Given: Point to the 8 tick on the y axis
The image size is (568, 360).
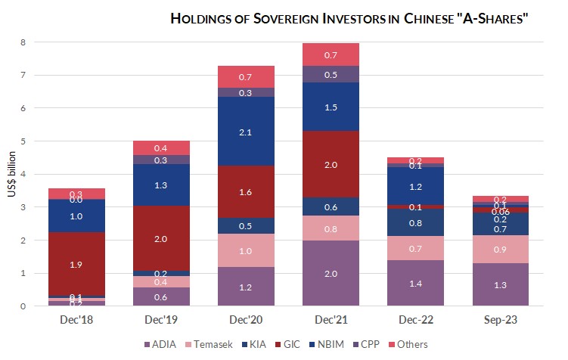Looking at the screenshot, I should click(24, 42).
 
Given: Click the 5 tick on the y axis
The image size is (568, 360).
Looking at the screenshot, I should click(24, 141).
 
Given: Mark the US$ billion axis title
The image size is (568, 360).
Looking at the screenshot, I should click(11, 175).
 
